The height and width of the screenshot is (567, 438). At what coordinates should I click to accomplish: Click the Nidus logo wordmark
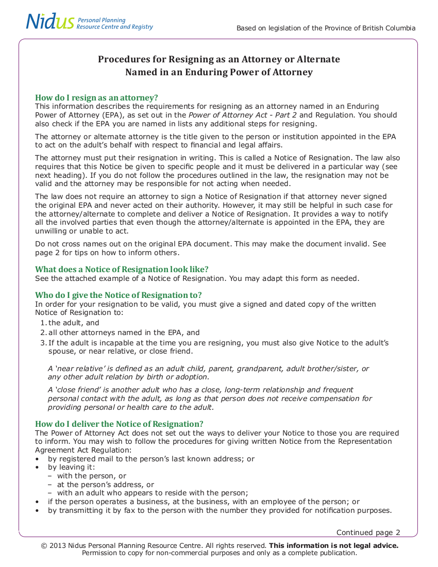[x=50, y=22]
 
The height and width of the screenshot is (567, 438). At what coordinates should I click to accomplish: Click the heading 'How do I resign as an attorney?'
[x=96, y=98]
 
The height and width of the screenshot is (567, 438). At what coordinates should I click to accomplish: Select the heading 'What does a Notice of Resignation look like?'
[x=122, y=270]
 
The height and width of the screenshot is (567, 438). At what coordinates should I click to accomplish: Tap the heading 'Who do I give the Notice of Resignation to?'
[x=118, y=295]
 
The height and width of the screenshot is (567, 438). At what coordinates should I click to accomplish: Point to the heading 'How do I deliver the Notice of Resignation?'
[x=119, y=424]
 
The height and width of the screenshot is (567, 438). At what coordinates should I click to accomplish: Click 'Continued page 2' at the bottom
[x=368, y=532]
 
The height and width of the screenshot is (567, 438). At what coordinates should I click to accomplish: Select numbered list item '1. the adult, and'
[x=70, y=323]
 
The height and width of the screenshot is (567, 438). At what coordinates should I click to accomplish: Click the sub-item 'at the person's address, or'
[x=105, y=485]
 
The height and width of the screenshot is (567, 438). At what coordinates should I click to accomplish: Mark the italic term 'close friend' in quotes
[x=77, y=390]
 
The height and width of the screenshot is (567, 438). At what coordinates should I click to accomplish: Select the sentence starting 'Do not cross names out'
[x=210, y=244]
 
